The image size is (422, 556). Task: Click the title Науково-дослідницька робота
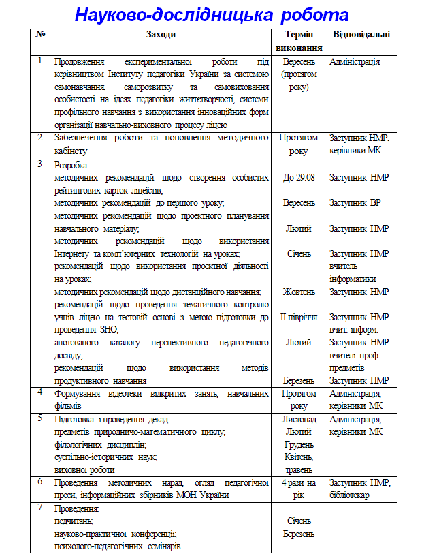pyautogui.click(x=211, y=15)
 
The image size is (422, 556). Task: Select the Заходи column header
pyautogui.click(x=160, y=34)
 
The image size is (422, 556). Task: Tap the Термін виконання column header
pyautogui.click(x=299, y=41)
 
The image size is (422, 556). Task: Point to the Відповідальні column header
pyautogui.click(x=361, y=34)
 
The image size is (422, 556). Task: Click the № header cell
pyautogui.click(x=40, y=34)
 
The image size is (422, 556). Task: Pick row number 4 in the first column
pyautogui.click(x=40, y=393)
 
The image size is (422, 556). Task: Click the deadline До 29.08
pyautogui.click(x=299, y=178)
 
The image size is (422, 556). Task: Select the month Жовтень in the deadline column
pyautogui.click(x=299, y=292)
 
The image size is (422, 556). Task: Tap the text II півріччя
pyautogui.click(x=299, y=318)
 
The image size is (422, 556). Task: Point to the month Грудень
pyautogui.click(x=299, y=444)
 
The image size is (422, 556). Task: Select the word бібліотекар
pyautogui.click(x=349, y=495)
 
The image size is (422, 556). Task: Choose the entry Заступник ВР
pyautogui.click(x=355, y=203)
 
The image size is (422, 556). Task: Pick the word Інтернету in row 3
pyautogui.click(x=74, y=254)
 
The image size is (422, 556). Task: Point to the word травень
pyautogui.click(x=299, y=469)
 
